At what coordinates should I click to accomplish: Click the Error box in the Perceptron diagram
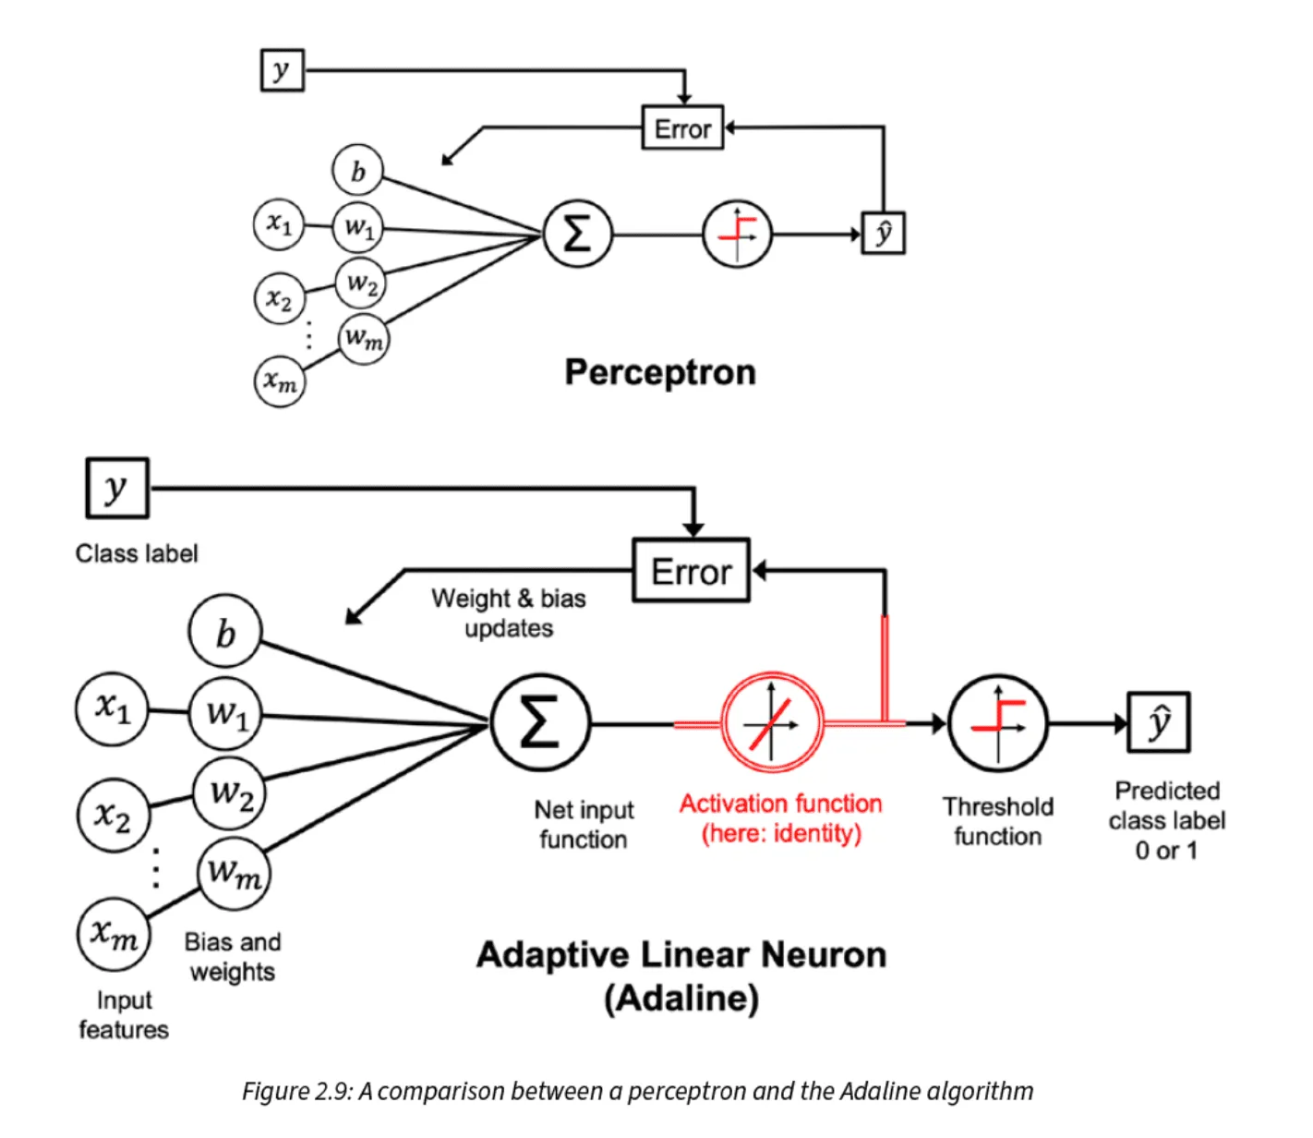tap(682, 127)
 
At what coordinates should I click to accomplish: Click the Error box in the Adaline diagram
tap(691, 571)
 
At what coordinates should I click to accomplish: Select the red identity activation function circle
tap(771, 723)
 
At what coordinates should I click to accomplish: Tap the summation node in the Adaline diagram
tap(540, 723)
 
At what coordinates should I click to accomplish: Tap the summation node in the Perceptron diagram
tap(577, 234)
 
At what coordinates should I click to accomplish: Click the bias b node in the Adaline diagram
tap(225, 633)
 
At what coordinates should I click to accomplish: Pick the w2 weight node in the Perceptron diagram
tap(361, 284)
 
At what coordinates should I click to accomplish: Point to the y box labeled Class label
tap(116, 488)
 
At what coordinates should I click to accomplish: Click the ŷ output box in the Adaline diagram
tap(1158, 722)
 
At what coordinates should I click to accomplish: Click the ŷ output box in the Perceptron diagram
tap(883, 233)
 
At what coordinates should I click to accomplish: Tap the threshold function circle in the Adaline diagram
tap(998, 723)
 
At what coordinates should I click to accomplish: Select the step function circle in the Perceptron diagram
tap(737, 234)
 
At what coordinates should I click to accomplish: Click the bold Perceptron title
tap(660, 372)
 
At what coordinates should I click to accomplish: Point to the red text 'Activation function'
tap(780, 804)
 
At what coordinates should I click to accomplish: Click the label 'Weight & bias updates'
tap(508, 613)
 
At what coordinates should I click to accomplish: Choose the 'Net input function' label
tap(584, 824)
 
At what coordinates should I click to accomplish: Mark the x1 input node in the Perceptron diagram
tap(279, 224)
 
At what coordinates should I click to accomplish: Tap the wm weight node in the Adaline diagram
tap(233, 871)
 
